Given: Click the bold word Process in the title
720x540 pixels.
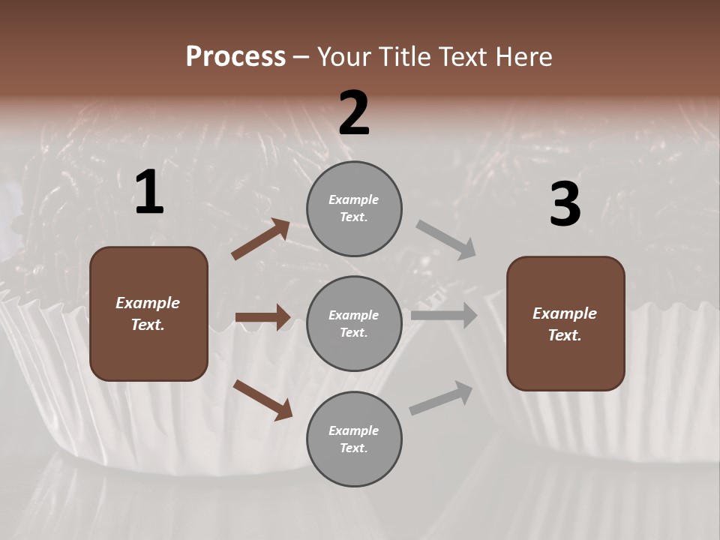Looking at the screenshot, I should (235, 57).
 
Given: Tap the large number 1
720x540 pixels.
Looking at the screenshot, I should (149, 193).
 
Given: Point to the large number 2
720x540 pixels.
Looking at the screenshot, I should (354, 113).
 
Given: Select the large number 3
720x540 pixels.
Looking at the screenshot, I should (565, 205).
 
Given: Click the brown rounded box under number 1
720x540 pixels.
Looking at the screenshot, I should (148, 313).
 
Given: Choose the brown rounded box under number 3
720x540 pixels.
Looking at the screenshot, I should (565, 323).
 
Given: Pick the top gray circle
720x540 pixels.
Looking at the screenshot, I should (354, 208).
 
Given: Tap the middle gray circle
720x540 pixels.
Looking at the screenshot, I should (354, 323).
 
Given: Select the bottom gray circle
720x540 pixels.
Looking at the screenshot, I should (354, 439).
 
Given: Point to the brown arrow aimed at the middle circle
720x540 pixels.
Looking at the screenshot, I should (262, 317).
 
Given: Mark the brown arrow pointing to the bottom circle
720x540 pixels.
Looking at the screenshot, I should (262, 400).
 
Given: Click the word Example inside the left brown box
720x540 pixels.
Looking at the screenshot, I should (148, 303).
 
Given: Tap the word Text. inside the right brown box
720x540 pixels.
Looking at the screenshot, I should (565, 335).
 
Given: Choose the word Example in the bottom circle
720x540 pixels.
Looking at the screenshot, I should (354, 430).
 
